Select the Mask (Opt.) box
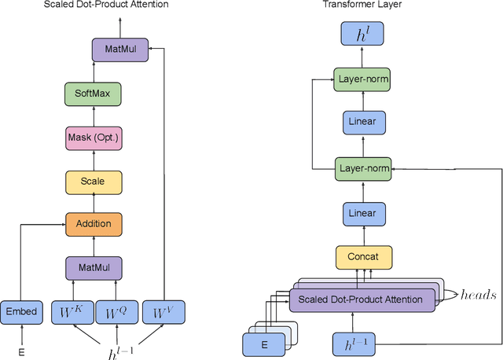click(x=94, y=139)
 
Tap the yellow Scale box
click(x=94, y=182)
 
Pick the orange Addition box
click(x=94, y=225)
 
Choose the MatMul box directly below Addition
click(x=94, y=267)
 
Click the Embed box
click(x=21, y=312)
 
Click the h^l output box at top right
click(x=363, y=33)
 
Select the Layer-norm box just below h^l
click(x=363, y=79)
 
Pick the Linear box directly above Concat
click(x=363, y=212)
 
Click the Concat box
click(x=363, y=256)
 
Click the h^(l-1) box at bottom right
click(x=362, y=343)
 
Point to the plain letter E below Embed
click(x=21, y=352)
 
